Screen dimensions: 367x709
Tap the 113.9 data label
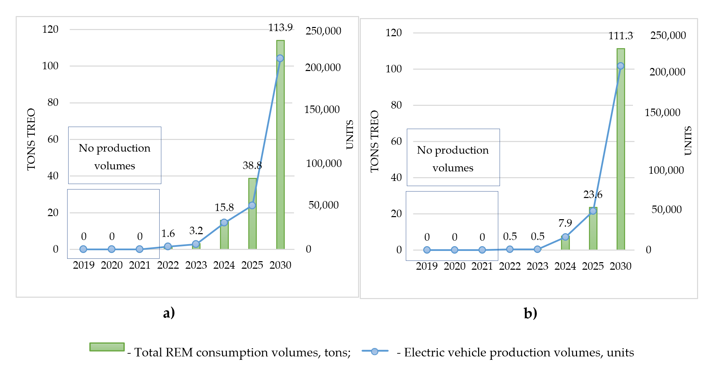pos(280,28)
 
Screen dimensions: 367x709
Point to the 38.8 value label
pos(252,166)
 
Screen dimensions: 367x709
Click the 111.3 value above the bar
pos(620,36)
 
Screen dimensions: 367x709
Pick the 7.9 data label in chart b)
pos(565,223)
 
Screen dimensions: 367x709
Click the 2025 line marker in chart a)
pos(252,205)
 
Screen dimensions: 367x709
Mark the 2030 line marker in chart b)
pos(621,66)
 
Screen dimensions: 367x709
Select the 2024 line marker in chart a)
pos(224,223)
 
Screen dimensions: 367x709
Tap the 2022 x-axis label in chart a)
pos(168,265)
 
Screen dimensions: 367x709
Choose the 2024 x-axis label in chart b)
pos(565,266)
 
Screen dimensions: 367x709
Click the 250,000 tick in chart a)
pos(323,31)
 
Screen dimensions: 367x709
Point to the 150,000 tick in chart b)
pos(662,113)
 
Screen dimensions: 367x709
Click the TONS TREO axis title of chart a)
pos(31,139)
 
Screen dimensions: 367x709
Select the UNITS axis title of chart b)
pos(688,141)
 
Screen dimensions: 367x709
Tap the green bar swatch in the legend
pos(107,347)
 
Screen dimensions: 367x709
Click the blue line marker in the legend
pos(374,351)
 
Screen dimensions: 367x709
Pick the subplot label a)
pos(169,313)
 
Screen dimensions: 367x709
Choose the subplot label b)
pos(530,313)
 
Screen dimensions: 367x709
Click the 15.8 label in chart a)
pos(224,208)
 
